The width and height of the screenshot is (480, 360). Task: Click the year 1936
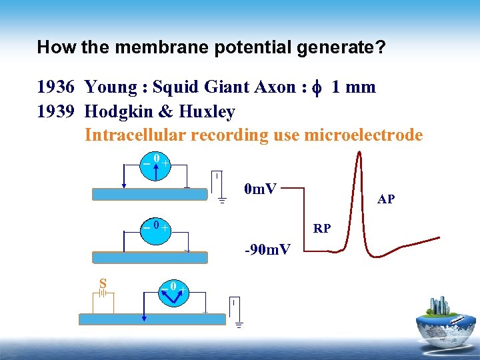56,87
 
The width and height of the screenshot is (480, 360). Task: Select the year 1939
56,111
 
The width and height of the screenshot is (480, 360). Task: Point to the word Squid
175,87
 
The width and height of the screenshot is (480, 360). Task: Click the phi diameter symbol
317,88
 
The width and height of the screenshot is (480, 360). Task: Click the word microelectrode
363,135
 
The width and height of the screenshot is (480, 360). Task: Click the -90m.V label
267,250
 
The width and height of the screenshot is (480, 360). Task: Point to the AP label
385,199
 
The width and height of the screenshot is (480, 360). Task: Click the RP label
322,229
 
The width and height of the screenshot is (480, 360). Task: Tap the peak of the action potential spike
359,155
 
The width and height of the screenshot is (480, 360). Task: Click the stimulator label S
103,283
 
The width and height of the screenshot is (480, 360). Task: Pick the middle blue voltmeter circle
155,227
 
